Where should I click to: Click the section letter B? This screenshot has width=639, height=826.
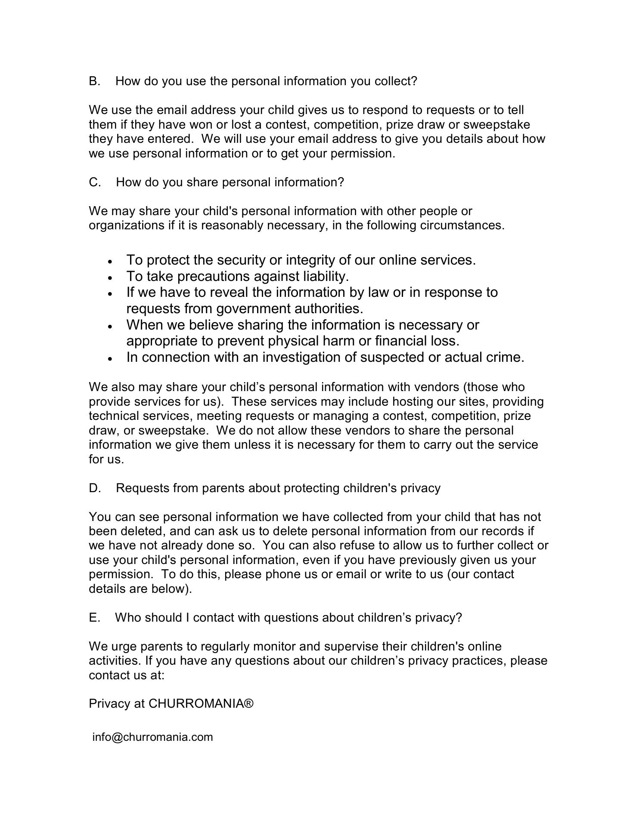(x=94, y=81)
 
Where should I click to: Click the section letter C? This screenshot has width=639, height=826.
(x=94, y=182)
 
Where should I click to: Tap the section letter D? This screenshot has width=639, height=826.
(x=94, y=488)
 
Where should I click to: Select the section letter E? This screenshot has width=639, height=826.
(x=94, y=618)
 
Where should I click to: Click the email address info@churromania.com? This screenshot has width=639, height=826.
(x=152, y=737)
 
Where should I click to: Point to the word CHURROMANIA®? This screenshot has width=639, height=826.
(x=201, y=704)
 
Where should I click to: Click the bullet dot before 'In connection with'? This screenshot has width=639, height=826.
(x=111, y=358)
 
